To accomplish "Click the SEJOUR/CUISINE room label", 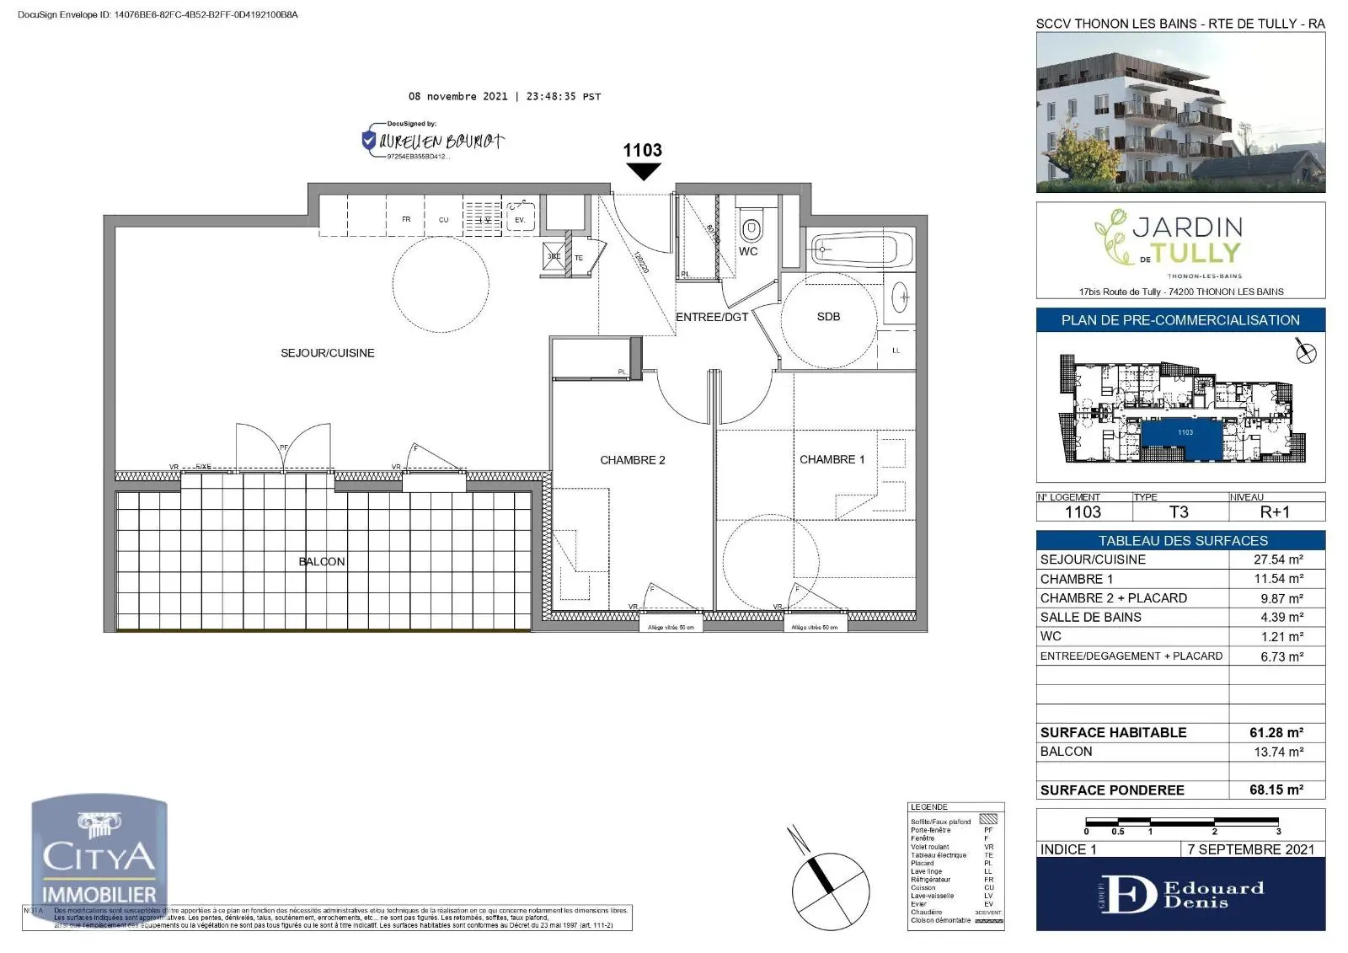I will (327, 353).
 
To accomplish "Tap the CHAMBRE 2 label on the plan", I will (632, 460).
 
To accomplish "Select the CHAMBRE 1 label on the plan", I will (832, 459).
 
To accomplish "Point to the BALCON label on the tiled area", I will (322, 561).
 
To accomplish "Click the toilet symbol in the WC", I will (750, 228).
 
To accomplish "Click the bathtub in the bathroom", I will (861, 249).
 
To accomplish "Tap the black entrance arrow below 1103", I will (644, 172).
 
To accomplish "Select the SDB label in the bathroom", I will (828, 317).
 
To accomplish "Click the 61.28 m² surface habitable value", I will (1276, 732).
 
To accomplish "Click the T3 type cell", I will (1179, 511).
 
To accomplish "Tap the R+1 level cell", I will (1275, 511).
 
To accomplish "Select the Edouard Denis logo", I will (1180, 894).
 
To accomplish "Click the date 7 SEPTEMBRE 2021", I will (1250, 849).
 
